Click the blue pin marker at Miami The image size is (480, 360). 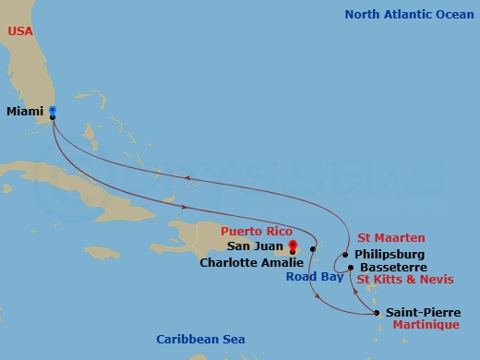pyautogui.click(x=53, y=111)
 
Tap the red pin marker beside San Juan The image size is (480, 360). pyautogui.click(x=293, y=245)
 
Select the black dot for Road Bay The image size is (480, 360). pyautogui.click(x=314, y=249)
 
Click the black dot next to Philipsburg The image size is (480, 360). pyautogui.click(x=345, y=255)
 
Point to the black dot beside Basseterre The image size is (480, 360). pyautogui.click(x=351, y=268)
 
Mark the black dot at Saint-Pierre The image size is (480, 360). pyautogui.click(x=378, y=314)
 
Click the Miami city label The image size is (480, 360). pyautogui.click(x=25, y=112)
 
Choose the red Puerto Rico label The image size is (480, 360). pyautogui.click(x=257, y=231)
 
